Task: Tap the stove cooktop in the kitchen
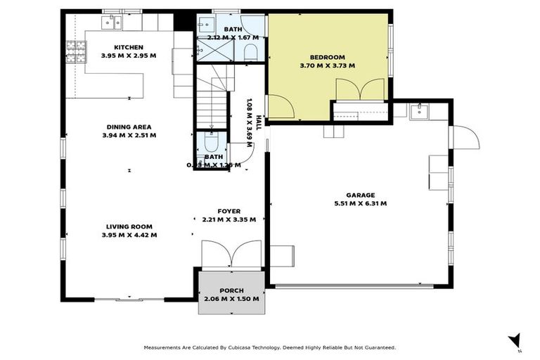76,49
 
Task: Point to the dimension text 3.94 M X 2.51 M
129,135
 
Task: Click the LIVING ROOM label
129,226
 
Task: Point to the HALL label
258,122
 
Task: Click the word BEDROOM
327,57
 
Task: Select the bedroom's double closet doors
361,90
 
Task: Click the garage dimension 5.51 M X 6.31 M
361,204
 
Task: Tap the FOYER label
229,211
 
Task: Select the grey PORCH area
231,294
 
